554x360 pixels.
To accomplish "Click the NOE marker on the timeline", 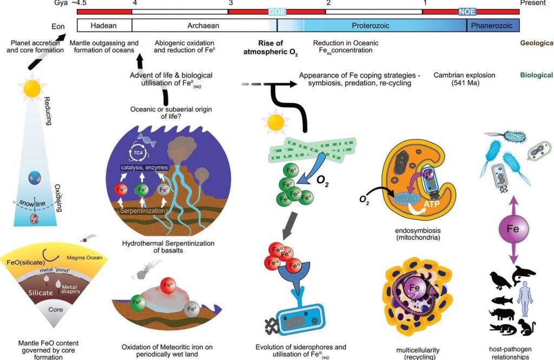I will click(x=467, y=11).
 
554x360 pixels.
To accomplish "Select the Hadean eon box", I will click(x=104, y=25).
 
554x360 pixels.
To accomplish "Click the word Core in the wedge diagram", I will click(x=56, y=310).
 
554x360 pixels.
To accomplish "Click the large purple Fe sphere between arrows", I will click(x=513, y=229).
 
